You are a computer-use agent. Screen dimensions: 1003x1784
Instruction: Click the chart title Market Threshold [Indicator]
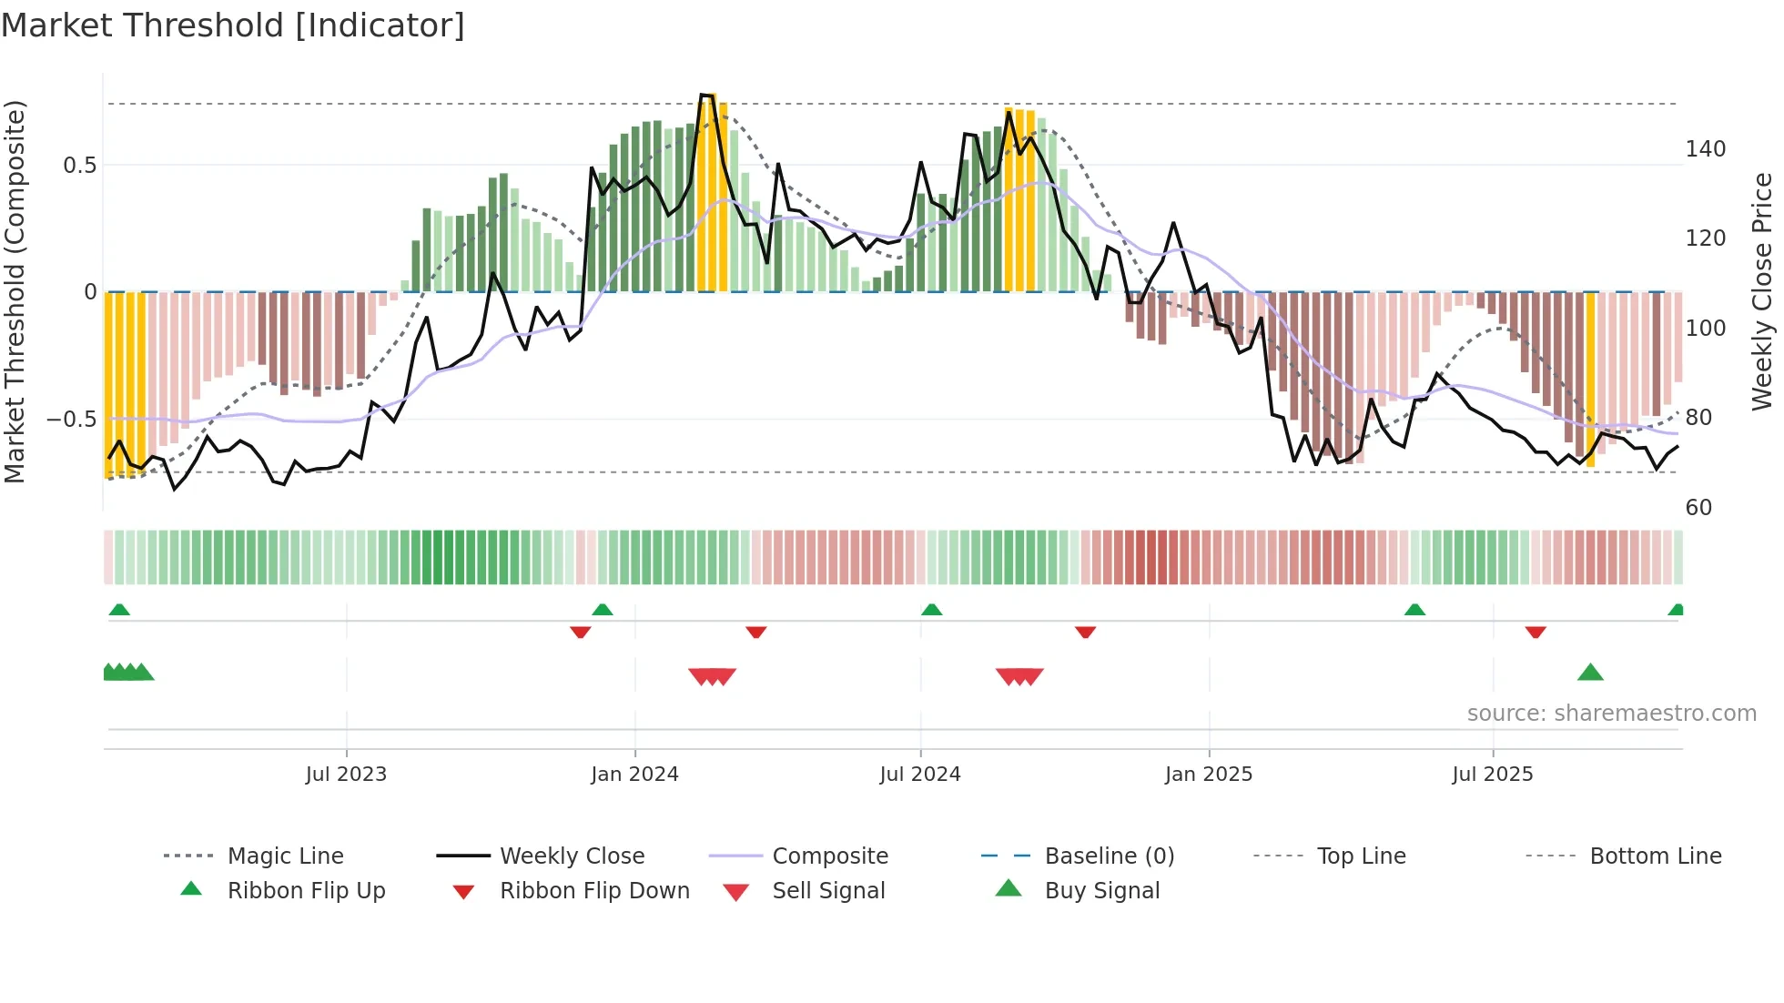coord(233,25)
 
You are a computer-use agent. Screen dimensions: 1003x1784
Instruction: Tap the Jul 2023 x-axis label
coord(346,775)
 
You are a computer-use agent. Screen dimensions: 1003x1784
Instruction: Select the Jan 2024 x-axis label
coord(634,775)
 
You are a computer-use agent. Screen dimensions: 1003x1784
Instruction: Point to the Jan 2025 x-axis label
coord(1209,775)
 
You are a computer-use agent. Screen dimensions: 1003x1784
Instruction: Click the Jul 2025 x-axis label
coord(1493,775)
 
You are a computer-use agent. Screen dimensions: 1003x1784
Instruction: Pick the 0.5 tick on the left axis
coord(79,166)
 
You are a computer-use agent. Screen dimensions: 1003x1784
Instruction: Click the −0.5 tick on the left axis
coord(72,420)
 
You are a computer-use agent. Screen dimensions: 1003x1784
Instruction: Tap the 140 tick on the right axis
coord(1705,149)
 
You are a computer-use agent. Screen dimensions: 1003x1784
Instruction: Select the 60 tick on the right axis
coord(1698,508)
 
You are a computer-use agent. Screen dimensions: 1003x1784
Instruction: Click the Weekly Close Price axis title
coord(1762,291)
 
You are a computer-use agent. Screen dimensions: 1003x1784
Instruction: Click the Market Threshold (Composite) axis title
coord(15,291)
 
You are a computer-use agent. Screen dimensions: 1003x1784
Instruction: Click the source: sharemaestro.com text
coord(1611,714)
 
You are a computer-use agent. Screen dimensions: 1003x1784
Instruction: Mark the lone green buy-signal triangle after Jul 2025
coord(1590,674)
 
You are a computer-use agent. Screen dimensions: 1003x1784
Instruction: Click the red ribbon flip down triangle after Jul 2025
coord(1536,632)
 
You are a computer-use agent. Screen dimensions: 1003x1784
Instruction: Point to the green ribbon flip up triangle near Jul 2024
coord(931,610)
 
